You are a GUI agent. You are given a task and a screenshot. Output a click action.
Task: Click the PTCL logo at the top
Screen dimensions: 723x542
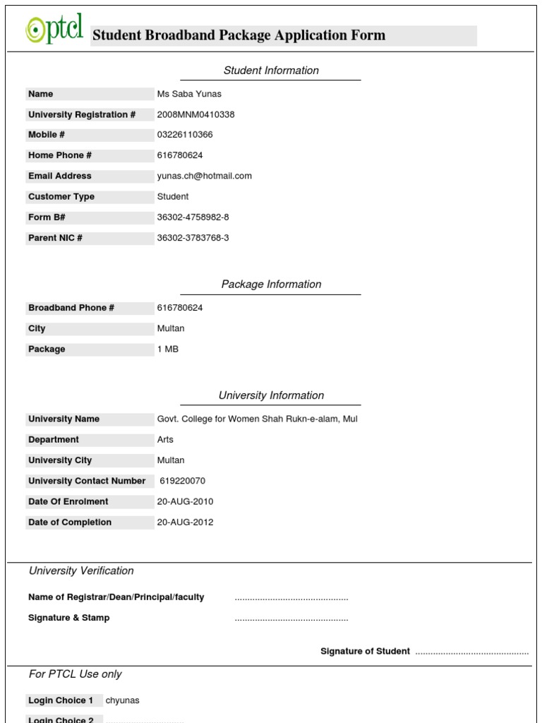coord(55,30)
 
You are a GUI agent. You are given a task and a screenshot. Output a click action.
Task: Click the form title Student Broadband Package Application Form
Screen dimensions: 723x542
coord(239,35)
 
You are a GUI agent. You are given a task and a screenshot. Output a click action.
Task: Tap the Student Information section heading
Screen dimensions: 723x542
coord(271,71)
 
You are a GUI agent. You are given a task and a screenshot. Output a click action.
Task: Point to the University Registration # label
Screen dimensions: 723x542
coord(82,114)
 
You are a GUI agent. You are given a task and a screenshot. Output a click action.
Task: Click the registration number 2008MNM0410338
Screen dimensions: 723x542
coord(195,114)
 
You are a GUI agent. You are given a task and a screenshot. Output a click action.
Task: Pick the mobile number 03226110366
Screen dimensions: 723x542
coord(185,135)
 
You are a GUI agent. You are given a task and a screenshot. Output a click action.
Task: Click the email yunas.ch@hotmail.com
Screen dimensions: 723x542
coord(204,176)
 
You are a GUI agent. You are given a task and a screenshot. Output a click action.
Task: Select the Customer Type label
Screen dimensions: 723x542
coord(61,197)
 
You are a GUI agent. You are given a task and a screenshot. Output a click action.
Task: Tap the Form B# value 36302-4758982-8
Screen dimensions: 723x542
coord(193,217)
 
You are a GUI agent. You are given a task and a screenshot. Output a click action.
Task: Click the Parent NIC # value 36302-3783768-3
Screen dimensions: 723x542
coord(193,238)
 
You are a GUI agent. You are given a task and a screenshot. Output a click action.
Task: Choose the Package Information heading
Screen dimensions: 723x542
coord(271,285)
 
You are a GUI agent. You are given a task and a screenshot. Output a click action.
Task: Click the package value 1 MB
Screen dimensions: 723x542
coord(168,349)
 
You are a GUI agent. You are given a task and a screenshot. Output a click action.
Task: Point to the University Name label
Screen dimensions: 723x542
coord(64,419)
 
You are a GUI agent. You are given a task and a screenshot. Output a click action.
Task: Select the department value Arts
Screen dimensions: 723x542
coord(165,440)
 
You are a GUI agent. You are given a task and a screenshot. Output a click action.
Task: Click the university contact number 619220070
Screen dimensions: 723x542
coord(183,481)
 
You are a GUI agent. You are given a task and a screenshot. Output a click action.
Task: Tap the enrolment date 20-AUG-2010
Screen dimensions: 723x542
coord(185,502)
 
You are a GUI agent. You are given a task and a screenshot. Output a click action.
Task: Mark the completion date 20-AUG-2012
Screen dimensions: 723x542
coord(185,522)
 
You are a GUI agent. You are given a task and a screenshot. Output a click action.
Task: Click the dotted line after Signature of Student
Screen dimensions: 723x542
coord(471,652)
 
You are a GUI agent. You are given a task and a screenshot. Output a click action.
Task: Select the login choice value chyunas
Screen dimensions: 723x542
coord(123,700)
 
